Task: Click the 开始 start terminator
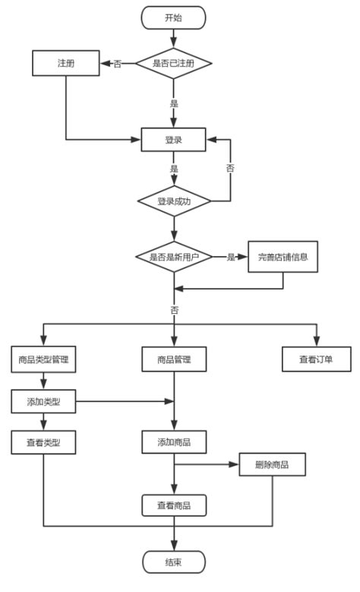[174, 17]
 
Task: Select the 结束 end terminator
[174, 562]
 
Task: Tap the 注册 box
[65, 63]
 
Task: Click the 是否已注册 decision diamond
[174, 63]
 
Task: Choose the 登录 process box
[174, 140]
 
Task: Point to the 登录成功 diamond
[174, 201]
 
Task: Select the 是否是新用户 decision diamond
[174, 258]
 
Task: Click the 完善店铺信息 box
[283, 258]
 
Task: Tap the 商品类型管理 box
[44, 359]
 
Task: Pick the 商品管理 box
[174, 359]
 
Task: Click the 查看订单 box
[316, 359]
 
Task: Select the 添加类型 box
[44, 401]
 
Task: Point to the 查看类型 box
[44, 442]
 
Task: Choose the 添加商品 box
[174, 442]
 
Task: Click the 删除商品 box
[273, 464]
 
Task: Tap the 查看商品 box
[174, 505]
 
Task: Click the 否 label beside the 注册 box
[118, 64]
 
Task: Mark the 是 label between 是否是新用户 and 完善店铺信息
[231, 258]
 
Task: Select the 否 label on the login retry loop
[230, 169]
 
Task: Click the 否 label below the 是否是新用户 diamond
[175, 310]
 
